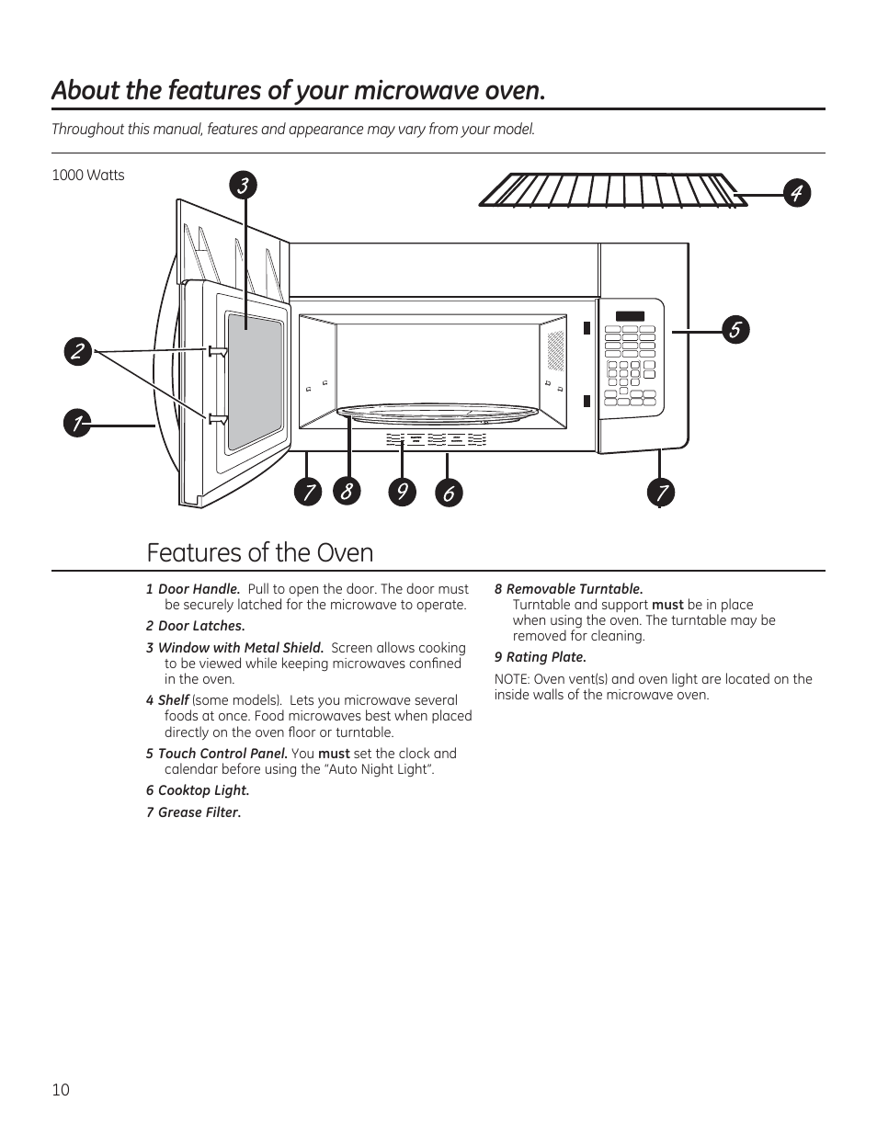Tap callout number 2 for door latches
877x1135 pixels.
[78, 352]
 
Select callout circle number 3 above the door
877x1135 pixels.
[243, 186]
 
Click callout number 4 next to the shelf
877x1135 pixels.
[797, 193]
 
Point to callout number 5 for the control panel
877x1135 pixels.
[735, 330]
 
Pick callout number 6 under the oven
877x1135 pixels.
[448, 493]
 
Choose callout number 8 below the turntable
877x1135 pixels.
[347, 493]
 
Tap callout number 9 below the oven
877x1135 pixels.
[401, 493]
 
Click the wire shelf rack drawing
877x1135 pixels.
[611, 190]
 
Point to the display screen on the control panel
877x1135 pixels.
[630, 317]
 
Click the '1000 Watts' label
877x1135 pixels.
[88, 176]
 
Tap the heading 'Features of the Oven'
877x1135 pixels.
[260, 552]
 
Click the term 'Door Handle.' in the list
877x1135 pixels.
[199, 589]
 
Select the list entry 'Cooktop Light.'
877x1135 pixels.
[203, 790]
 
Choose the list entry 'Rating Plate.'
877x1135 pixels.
[546, 657]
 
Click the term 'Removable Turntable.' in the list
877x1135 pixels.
[575, 589]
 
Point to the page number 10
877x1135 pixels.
[61, 1090]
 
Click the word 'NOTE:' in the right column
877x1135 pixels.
[512, 679]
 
